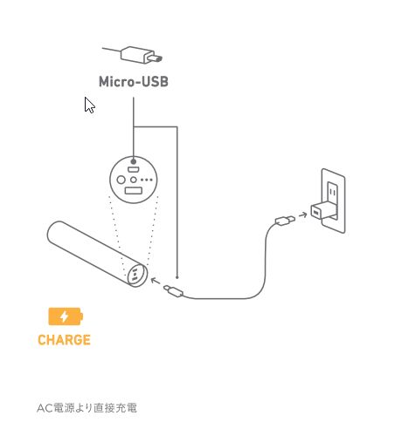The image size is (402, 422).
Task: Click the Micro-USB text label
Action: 134,81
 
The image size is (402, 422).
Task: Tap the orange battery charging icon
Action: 66,316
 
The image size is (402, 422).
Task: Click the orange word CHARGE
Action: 64,340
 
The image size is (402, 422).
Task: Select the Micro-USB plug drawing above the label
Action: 133,55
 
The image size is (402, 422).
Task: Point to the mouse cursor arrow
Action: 89,105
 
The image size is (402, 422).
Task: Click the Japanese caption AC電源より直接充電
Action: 87,408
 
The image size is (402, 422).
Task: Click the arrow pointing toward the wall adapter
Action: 303,215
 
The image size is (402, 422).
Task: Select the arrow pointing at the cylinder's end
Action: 156,281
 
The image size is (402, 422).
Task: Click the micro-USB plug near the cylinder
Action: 173,291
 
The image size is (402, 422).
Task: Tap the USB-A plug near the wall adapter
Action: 285,221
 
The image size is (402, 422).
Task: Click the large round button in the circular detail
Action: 121,180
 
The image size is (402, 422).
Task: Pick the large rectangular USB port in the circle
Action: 134,191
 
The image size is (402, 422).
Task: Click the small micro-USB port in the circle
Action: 133,169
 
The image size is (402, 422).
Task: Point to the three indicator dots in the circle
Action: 147,180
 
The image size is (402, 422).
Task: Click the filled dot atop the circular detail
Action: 134,161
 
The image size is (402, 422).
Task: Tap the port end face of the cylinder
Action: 137,275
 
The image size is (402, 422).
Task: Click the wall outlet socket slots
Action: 333,192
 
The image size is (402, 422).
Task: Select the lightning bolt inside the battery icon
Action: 64,316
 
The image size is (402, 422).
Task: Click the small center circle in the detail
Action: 134,180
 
